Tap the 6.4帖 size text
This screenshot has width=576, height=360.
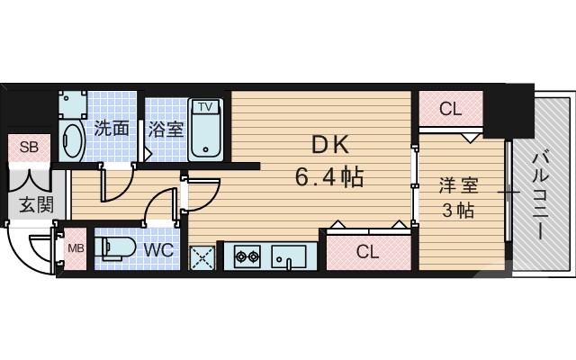tap(329, 175)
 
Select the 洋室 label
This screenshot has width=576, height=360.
tap(458, 186)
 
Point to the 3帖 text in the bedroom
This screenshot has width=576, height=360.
tap(458, 212)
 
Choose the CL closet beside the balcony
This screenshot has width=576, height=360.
tap(450, 110)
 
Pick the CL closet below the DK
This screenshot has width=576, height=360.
tap(367, 251)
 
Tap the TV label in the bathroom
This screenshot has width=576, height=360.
tap(206, 107)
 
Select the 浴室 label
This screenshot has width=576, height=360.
tap(166, 129)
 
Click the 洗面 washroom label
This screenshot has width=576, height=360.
tap(111, 129)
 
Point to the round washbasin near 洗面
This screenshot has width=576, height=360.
tap(73, 140)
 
